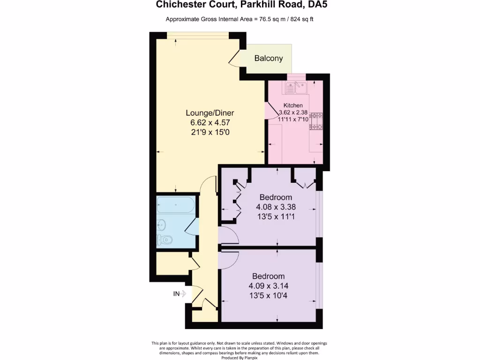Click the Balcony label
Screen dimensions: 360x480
coord(269,59)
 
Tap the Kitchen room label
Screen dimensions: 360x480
coord(293,105)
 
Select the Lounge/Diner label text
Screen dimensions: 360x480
coord(210,113)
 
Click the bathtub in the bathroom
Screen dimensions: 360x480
coord(176,205)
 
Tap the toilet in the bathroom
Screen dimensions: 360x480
coord(165,240)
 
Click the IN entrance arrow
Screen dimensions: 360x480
coord(180,294)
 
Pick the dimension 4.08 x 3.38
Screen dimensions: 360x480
coord(276,207)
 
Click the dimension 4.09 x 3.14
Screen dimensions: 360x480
coord(268,286)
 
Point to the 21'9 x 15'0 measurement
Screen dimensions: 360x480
coord(210,133)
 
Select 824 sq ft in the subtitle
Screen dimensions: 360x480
coord(304,19)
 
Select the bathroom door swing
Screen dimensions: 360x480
coord(192,227)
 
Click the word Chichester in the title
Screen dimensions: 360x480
coord(180,6)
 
